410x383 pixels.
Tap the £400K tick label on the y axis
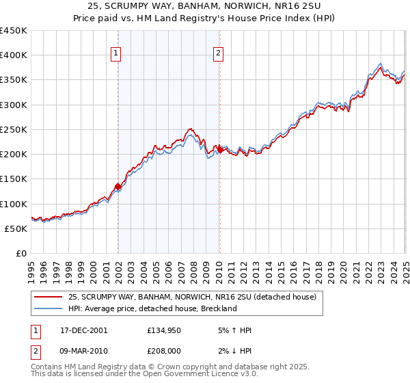click(x=14, y=55)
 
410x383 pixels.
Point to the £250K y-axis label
click(x=14, y=129)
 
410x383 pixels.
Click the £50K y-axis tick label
click(x=16, y=228)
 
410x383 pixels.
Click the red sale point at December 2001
click(x=118, y=186)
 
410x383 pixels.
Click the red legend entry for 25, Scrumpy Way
click(x=192, y=298)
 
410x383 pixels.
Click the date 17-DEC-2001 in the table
click(x=85, y=330)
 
